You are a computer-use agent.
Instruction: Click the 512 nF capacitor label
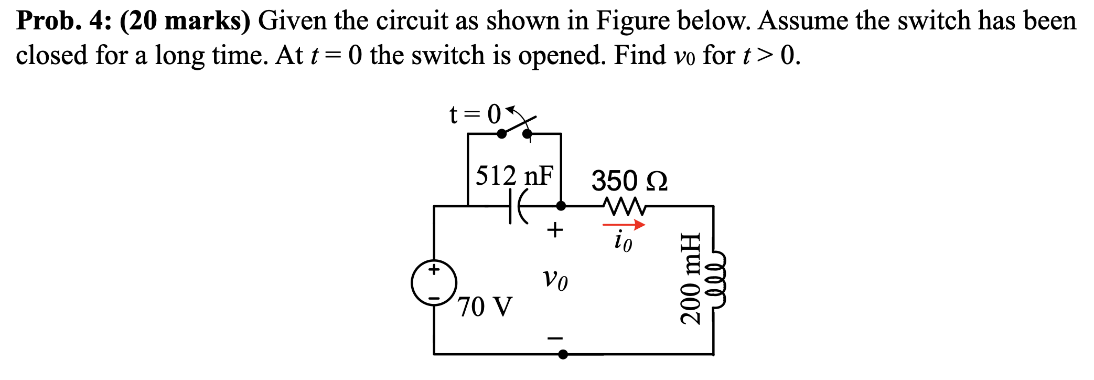pos(514,175)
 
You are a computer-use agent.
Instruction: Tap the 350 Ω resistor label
pos(629,181)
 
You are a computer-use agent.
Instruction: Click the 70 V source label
pos(485,307)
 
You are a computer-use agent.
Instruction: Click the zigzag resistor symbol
pos(624,206)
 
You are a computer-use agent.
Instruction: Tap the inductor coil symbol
pos(718,278)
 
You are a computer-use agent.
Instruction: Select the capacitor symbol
pos(516,207)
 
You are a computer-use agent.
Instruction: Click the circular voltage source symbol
pos(434,283)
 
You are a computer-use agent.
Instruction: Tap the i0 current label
pos(623,241)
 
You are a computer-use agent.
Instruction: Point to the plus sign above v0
pos(554,229)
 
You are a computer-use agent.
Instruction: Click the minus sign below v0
pos(555,338)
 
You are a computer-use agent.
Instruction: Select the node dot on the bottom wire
pos(563,355)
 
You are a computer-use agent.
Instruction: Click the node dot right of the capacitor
pos(561,206)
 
